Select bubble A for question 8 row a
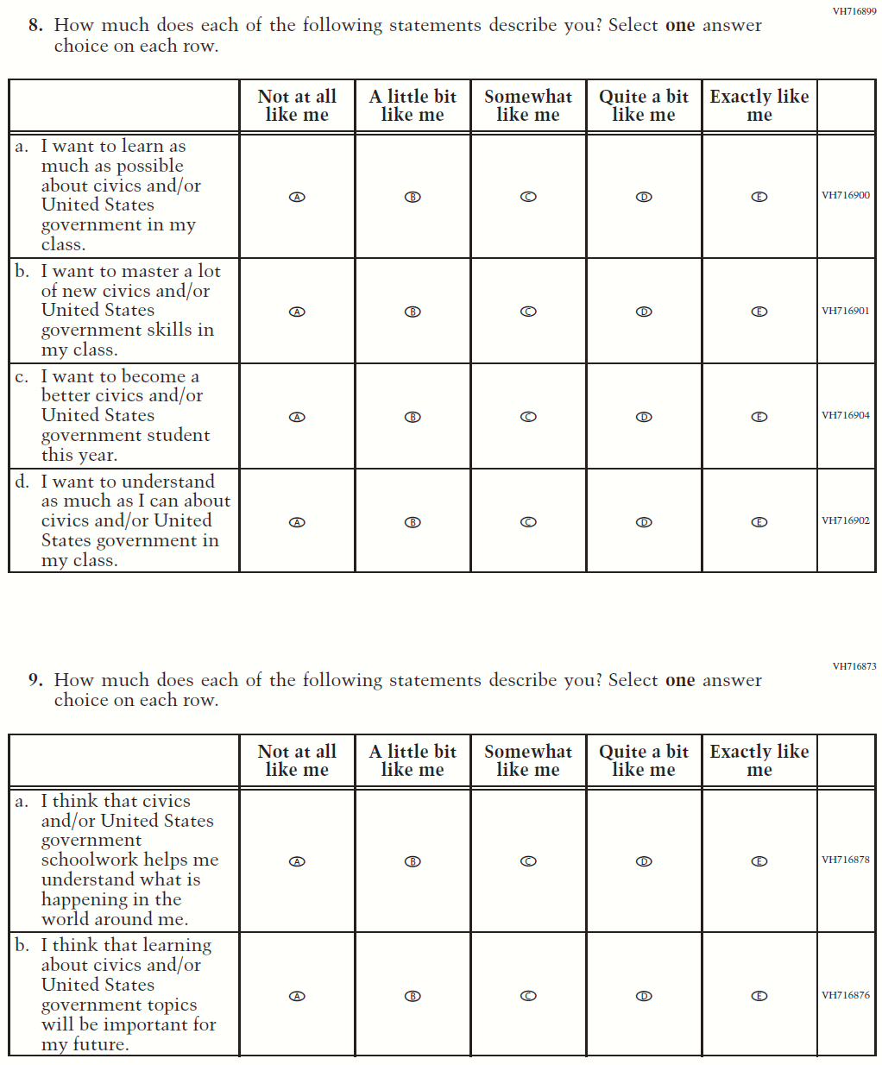click(297, 197)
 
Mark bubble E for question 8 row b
click(759, 312)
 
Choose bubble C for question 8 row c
click(528, 417)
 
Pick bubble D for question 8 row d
click(644, 522)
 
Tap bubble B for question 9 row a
click(413, 861)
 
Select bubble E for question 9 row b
click(759, 996)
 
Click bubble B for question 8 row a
click(413, 197)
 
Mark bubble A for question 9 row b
click(297, 996)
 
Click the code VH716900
click(846, 195)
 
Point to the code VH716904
click(846, 415)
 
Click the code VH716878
click(846, 860)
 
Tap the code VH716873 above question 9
click(854, 666)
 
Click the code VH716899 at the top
click(854, 11)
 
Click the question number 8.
click(35, 25)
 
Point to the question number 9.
click(35, 680)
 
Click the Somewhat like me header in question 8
click(528, 105)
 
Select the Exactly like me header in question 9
click(759, 760)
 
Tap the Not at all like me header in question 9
click(297, 760)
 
